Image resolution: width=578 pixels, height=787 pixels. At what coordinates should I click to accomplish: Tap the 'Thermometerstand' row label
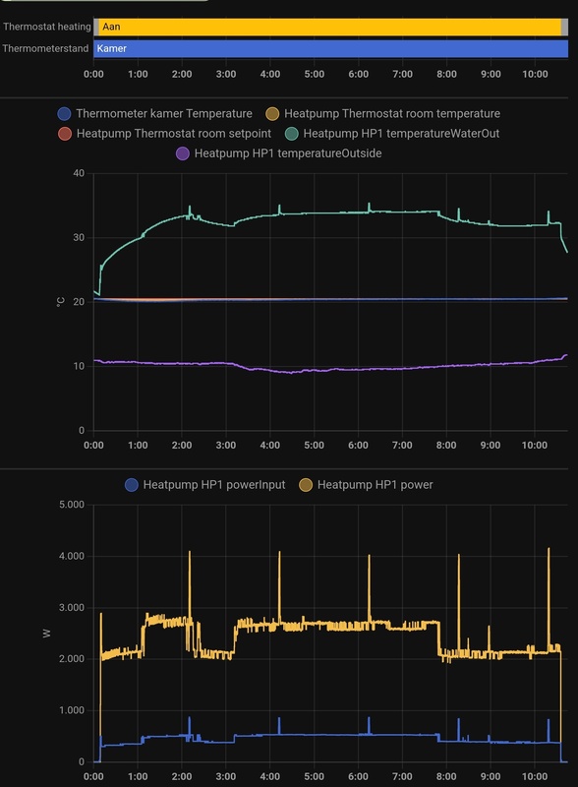pyautogui.click(x=46, y=47)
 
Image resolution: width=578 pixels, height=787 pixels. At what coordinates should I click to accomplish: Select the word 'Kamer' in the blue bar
pyautogui.click(x=113, y=47)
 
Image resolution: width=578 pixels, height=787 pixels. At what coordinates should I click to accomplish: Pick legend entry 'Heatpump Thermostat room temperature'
pyautogui.click(x=391, y=114)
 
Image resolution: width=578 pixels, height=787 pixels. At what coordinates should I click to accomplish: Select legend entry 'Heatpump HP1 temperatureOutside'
pyautogui.click(x=288, y=152)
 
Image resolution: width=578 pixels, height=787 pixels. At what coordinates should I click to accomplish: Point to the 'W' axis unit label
pyautogui.click(x=46, y=633)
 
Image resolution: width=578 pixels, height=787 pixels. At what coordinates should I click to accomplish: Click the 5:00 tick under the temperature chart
pyautogui.click(x=315, y=446)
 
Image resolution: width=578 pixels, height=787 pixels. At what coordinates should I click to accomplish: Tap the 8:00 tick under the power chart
pyautogui.click(x=446, y=777)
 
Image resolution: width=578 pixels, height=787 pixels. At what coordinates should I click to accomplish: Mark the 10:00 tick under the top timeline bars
pyautogui.click(x=535, y=74)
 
